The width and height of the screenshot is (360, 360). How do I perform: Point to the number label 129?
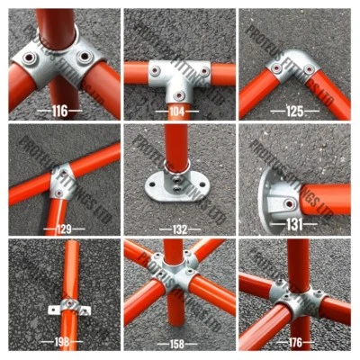tap(62, 229)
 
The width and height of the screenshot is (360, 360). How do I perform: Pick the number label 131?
tap(294, 224)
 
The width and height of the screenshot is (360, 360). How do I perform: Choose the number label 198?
tap(62, 343)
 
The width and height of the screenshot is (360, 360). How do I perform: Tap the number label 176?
tap(294, 343)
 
